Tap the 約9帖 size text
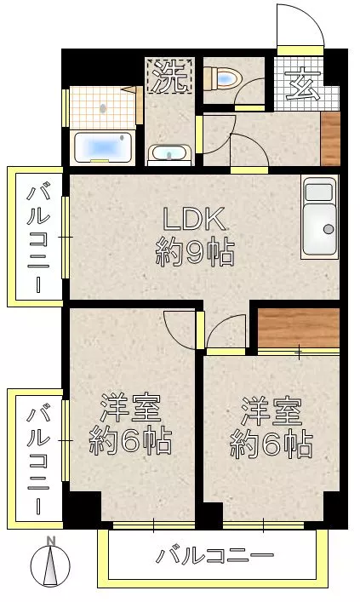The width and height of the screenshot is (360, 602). (x=195, y=253)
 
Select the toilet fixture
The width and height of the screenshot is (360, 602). (x=226, y=79)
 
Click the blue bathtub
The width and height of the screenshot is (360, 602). (x=102, y=148)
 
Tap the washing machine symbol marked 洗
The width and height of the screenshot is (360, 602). (x=170, y=78)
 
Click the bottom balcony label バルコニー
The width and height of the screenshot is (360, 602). (x=214, y=558)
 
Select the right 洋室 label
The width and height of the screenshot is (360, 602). (x=270, y=412)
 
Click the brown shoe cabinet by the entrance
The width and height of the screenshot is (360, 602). (x=330, y=138)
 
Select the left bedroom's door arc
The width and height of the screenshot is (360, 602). (x=181, y=326)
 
